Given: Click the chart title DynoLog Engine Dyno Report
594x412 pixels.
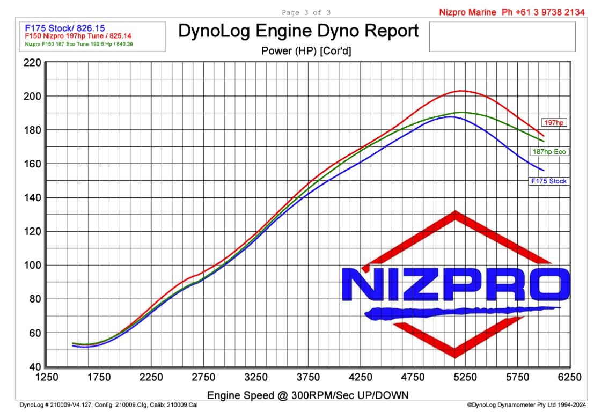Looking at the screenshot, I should coord(298,31).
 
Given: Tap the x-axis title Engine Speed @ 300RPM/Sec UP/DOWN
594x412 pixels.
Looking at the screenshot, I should coord(308,395).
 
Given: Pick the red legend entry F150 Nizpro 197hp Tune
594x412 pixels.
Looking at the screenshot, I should coord(71,36).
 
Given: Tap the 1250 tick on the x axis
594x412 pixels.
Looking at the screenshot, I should coord(46,378).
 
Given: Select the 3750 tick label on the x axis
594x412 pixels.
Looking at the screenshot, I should coord(308,378).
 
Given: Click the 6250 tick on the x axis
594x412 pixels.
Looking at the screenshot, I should coord(569,378).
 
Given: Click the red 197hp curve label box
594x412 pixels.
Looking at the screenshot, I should coord(553,123).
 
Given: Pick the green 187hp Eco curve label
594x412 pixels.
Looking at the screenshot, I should coord(548,152).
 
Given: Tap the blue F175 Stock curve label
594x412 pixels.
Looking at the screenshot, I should coord(548,181).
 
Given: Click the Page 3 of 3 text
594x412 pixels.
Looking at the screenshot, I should coord(306,12).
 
